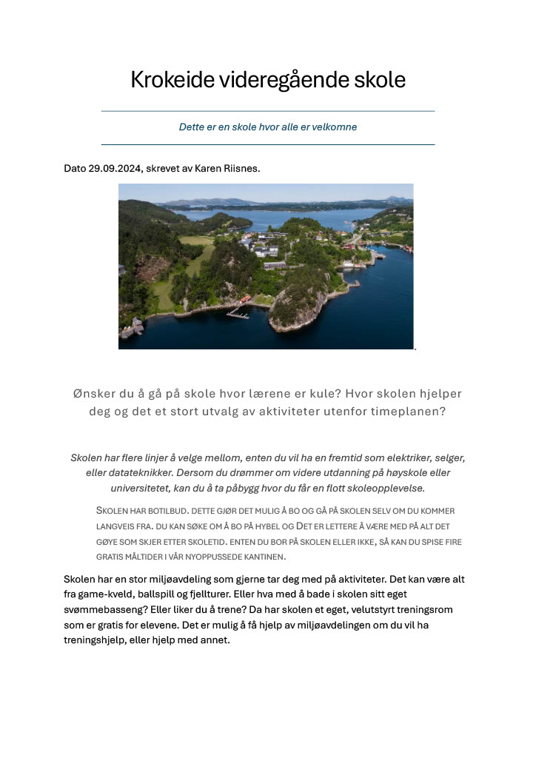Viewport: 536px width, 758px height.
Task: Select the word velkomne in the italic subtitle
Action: coord(335,127)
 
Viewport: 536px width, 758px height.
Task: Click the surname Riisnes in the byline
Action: coord(240,169)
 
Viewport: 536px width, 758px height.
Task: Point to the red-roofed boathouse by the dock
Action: coord(244,300)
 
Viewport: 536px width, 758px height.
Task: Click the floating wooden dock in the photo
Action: coord(238,314)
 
